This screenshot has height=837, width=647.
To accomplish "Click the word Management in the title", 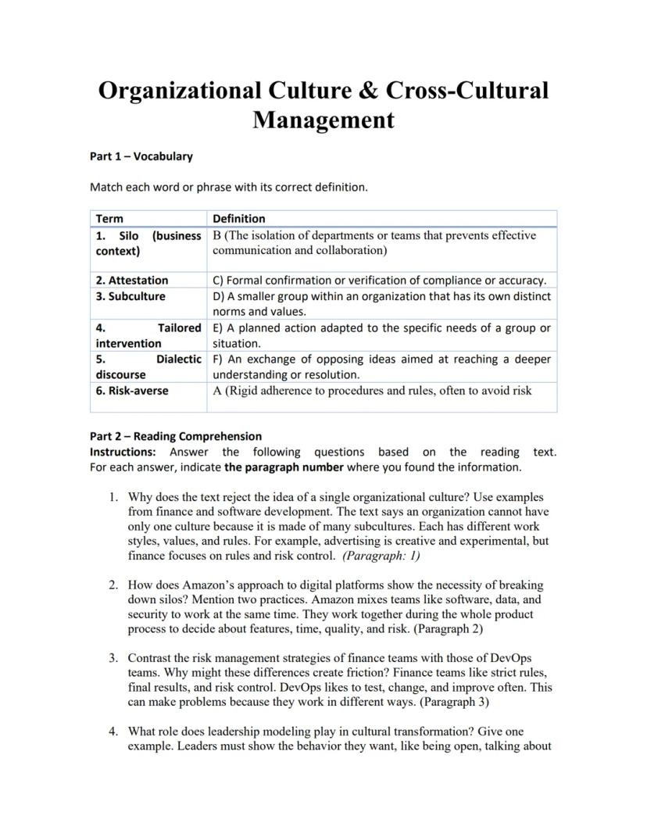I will point(323,120).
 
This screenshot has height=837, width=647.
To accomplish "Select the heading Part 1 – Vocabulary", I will point(141,156).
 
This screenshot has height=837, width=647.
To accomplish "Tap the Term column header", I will point(109,219).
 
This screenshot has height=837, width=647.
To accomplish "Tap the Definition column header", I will point(239,219).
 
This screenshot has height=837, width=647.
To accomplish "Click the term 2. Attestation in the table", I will point(132,280).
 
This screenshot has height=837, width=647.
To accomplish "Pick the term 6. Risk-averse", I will point(132,390).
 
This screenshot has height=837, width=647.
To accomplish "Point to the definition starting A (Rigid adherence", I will point(372,390).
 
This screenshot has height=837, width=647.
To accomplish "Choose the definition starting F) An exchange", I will point(381,359).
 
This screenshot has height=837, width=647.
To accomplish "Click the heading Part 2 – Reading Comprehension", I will point(176,436).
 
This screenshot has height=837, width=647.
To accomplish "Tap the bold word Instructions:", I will point(123,452).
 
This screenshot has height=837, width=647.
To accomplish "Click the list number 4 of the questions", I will point(113,731).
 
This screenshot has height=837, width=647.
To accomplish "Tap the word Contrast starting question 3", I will point(151,658).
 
